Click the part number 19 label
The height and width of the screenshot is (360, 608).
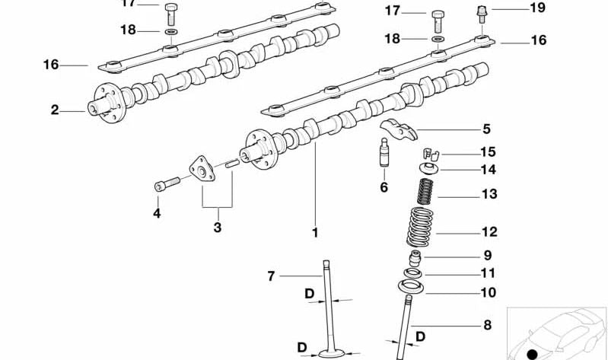coord(537,8)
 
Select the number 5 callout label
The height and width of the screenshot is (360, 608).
coord(486,129)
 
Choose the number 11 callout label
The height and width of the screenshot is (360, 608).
coord(488,272)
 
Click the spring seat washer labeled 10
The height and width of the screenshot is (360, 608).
coord(412,287)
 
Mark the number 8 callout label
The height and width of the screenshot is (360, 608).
coord(486,326)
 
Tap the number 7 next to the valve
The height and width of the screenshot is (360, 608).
coord(269,276)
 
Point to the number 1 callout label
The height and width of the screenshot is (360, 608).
coord(315,233)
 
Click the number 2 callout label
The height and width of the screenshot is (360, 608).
coord(55,110)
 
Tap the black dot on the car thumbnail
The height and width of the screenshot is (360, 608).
coord(532,354)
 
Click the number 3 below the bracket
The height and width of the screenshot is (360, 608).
coord(217,228)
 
